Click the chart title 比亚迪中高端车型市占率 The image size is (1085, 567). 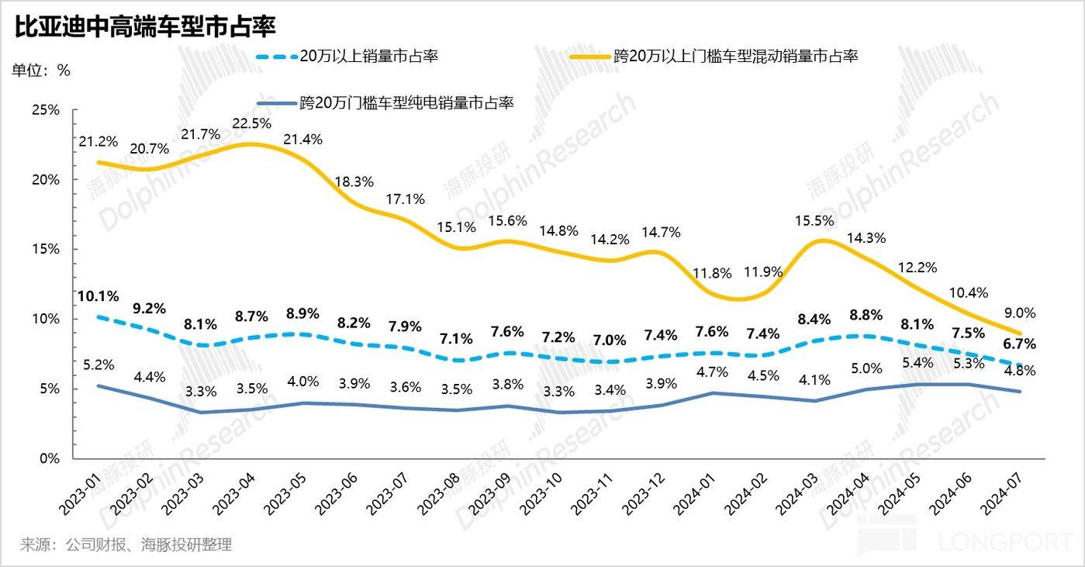click(145, 26)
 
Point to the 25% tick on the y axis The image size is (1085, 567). click(45, 110)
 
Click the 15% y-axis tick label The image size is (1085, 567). click(45, 249)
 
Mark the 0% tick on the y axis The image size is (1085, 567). click(48, 458)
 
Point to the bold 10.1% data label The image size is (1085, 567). click(98, 296)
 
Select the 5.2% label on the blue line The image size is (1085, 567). click(98, 364)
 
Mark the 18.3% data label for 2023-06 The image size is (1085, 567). click(355, 182)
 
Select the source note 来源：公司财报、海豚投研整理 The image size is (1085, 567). click(126, 545)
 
